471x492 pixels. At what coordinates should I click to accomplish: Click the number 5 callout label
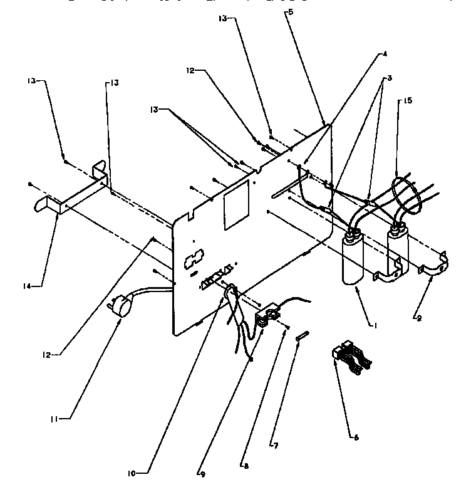[290, 12]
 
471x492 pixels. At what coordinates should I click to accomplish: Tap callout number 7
[274, 446]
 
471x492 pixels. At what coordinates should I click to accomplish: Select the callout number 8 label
[245, 466]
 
